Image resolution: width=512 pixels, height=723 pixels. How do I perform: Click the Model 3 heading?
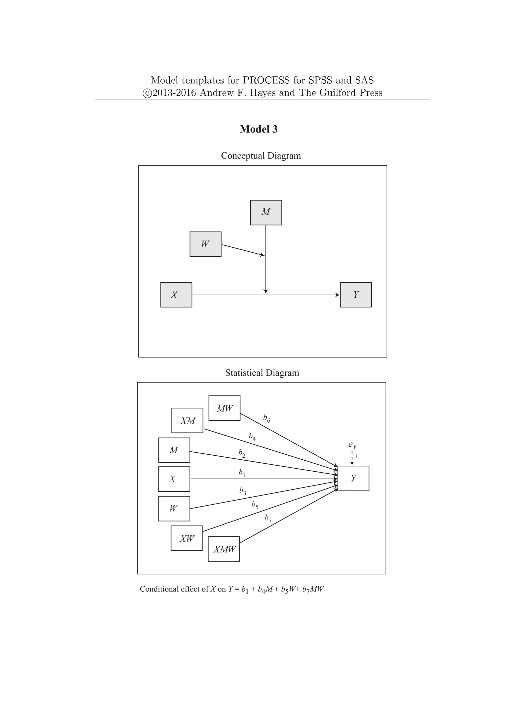point(258,129)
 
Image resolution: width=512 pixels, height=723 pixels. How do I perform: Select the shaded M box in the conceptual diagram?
point(266,212)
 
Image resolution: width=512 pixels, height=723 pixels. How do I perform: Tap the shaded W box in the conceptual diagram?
point(205,244)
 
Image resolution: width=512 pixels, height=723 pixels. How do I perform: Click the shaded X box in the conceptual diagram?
point(176,295)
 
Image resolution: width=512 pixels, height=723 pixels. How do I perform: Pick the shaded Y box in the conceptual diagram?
point(356,295)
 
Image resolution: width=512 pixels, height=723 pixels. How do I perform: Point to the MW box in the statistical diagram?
point(224,408)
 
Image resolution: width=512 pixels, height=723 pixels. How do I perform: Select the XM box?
point(187,420)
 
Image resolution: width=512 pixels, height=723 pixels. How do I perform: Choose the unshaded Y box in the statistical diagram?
point(353,478)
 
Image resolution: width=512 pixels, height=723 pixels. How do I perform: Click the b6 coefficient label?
point(266,418)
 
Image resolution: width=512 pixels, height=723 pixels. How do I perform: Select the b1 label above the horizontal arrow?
point(241,473)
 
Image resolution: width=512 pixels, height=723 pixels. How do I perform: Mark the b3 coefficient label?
point(242,491)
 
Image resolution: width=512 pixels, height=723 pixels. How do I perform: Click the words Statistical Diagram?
point(262,373)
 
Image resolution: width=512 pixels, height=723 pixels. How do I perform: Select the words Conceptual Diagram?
point(261,156)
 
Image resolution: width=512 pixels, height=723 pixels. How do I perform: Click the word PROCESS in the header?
point(266,80)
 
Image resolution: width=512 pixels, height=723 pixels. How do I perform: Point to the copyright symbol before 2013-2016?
point(147,93)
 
